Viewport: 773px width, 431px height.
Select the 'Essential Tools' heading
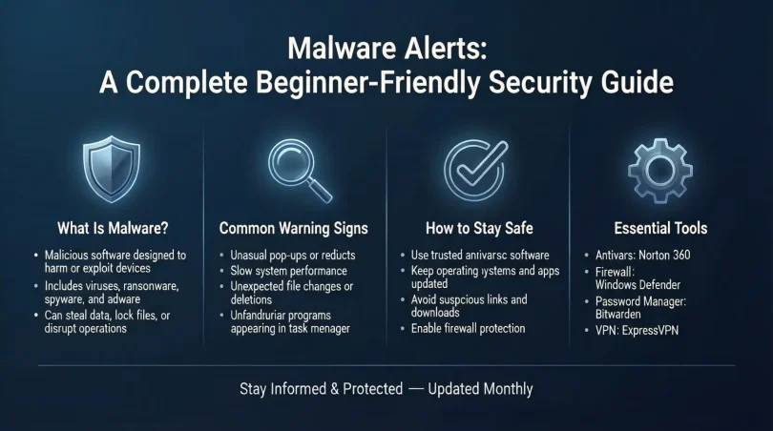coord(660,229)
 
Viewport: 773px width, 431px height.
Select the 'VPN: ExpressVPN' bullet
coord(630,330)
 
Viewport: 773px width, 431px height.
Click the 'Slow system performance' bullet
coord(291,271)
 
